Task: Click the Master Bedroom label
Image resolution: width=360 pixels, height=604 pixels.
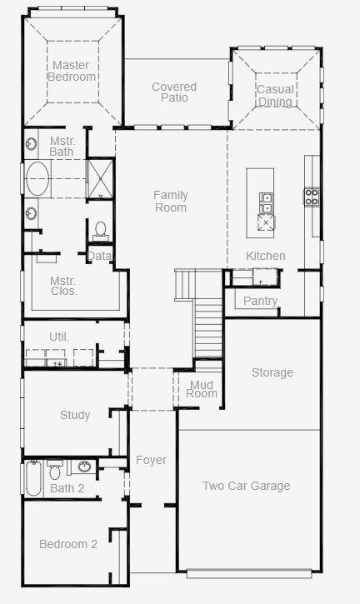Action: [72, 71]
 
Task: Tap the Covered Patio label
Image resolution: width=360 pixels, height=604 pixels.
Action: [174, 92]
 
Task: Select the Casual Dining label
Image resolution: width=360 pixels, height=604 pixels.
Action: [275, 96]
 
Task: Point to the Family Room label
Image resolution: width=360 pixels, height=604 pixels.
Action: [171, 201]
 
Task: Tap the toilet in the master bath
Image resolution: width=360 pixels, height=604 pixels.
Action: [101, 230]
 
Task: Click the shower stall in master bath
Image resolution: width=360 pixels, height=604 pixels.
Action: [101, 179]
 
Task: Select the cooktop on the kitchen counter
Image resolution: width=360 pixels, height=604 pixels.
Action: [312, 197]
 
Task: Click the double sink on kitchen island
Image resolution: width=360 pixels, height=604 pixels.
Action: [266, 203]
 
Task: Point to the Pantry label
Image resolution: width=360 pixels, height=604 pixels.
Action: [260, 301]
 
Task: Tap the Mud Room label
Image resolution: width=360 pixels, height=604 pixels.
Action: [202, 389]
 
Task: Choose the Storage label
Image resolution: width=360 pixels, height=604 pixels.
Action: [272, 372]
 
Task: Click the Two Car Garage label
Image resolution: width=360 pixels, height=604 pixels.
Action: [247, 486]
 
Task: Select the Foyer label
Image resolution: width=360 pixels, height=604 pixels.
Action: [151, 460]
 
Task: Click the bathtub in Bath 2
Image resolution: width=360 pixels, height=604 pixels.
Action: [33, 478]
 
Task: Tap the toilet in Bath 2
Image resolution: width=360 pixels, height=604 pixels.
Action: [55, 470]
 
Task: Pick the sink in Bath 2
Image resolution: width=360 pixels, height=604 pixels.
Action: [84, 467]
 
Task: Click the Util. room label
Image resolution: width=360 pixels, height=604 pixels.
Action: [59, 337]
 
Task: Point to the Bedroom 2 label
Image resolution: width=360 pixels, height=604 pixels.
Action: [68, 544]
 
